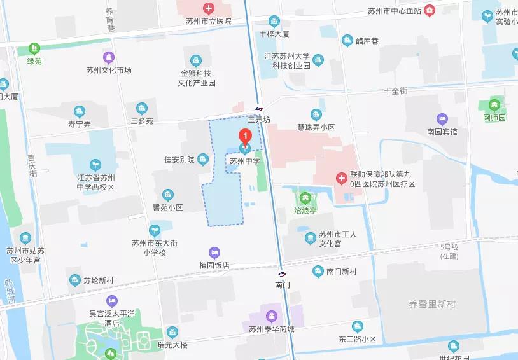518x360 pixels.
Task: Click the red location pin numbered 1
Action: [244, 136]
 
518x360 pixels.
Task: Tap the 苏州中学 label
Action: [245, 162]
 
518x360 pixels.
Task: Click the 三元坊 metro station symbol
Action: [259, 108]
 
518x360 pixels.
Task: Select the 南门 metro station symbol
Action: [282, 274]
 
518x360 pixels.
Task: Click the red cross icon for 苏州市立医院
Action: [208, 8]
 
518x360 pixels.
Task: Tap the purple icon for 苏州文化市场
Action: [109, 57]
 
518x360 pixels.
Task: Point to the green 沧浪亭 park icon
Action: [305, 198]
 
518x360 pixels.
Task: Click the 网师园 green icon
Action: [494, 105]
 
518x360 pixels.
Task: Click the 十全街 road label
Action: [395, 91]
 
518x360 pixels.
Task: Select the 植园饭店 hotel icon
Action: [214, 253]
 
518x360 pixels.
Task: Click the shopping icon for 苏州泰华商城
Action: [272, 316]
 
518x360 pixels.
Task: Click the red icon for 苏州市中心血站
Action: [430, 10]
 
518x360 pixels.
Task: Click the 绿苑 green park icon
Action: [34, 48]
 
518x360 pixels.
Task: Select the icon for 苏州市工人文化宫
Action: [311, 238]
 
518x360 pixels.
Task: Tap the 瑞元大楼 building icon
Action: [172, 332]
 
